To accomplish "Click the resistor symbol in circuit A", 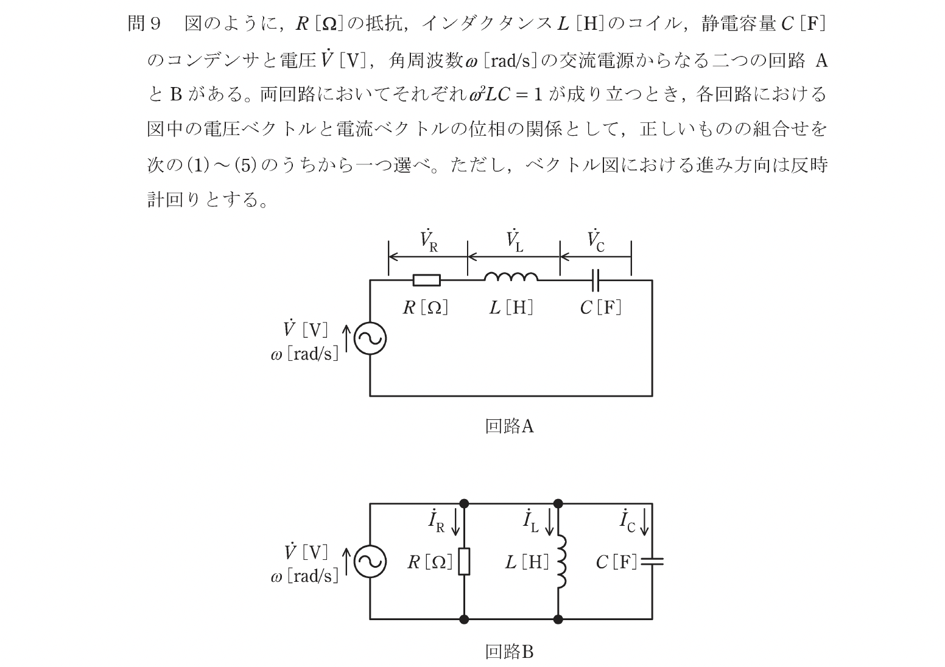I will (426, 280).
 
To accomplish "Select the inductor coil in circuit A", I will (511, 278).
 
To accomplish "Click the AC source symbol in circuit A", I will (370, 338).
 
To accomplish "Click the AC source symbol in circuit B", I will (370, 561).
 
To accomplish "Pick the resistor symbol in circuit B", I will (464, 561).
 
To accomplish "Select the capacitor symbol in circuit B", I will (652, 561).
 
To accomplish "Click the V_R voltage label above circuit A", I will (429, 241).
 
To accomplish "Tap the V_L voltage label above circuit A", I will (515, 241).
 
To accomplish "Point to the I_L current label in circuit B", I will (530, 522).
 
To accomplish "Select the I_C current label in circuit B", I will (627, 522).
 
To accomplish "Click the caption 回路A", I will (509, 426).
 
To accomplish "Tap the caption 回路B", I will (509, 652).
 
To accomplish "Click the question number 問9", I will (144, 24).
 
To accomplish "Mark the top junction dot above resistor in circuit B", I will (464, 503).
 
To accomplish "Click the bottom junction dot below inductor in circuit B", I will (558, 620).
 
